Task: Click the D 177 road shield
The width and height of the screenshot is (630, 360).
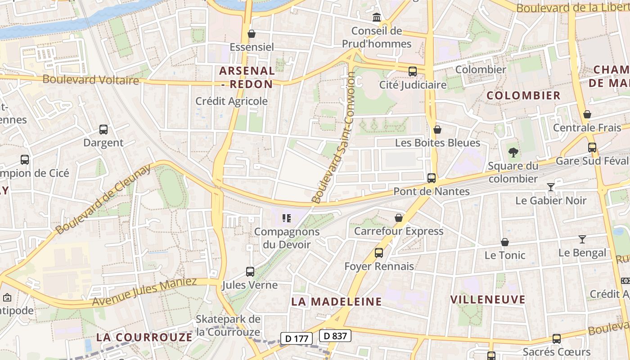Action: pyautogui.click(x=296, y=338)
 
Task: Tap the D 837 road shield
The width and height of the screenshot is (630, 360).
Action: pyautogui.click(x=335, y=336)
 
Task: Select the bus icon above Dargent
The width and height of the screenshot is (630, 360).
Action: pyautogui.click(x=103, y=130)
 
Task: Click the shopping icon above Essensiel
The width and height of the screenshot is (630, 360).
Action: pyautogui.click(x=252, y=34)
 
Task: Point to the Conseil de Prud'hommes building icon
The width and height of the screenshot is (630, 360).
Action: pyautogui.click(x=376, y=18)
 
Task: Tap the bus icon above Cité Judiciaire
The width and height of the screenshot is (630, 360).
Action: pyautogui.click(x=412, y=71)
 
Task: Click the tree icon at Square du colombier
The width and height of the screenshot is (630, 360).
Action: pyautogui.click(x=513, y=153)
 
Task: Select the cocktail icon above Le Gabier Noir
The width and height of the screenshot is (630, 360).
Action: pyautogui.click(x=551, y=187)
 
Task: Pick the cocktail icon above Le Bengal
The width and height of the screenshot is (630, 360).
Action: pyautogui.click(x=582, y=239)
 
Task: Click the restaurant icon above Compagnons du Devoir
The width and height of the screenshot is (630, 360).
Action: pyautogui.click(x=286, y=219)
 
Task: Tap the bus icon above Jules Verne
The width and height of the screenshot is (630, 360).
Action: pyautogui.click(x=250, y=272)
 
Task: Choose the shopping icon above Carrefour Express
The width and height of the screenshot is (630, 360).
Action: pyautogui.click(x=399, y=218)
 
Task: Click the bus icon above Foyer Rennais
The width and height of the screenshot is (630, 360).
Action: pyautogui.click(x=379, y=253)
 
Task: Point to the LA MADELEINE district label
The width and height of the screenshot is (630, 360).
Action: pyautogui.click(x=337, y=301)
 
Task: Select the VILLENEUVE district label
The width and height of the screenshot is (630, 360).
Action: pyautogui.click(x=488, y=300)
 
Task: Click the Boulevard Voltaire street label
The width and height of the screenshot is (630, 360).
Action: pyautogui.click(x=90, y=80)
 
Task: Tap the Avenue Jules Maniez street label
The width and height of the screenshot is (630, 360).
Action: pyautogui.click(x=144, y=292)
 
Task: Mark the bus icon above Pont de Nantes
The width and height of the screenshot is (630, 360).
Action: pyautogui.click(x=432, y=178)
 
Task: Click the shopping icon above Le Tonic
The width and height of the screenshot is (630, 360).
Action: pyautogui.click(x=505, y=243)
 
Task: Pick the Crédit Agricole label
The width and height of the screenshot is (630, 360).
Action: pyautogui.click(x=231, y=101)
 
